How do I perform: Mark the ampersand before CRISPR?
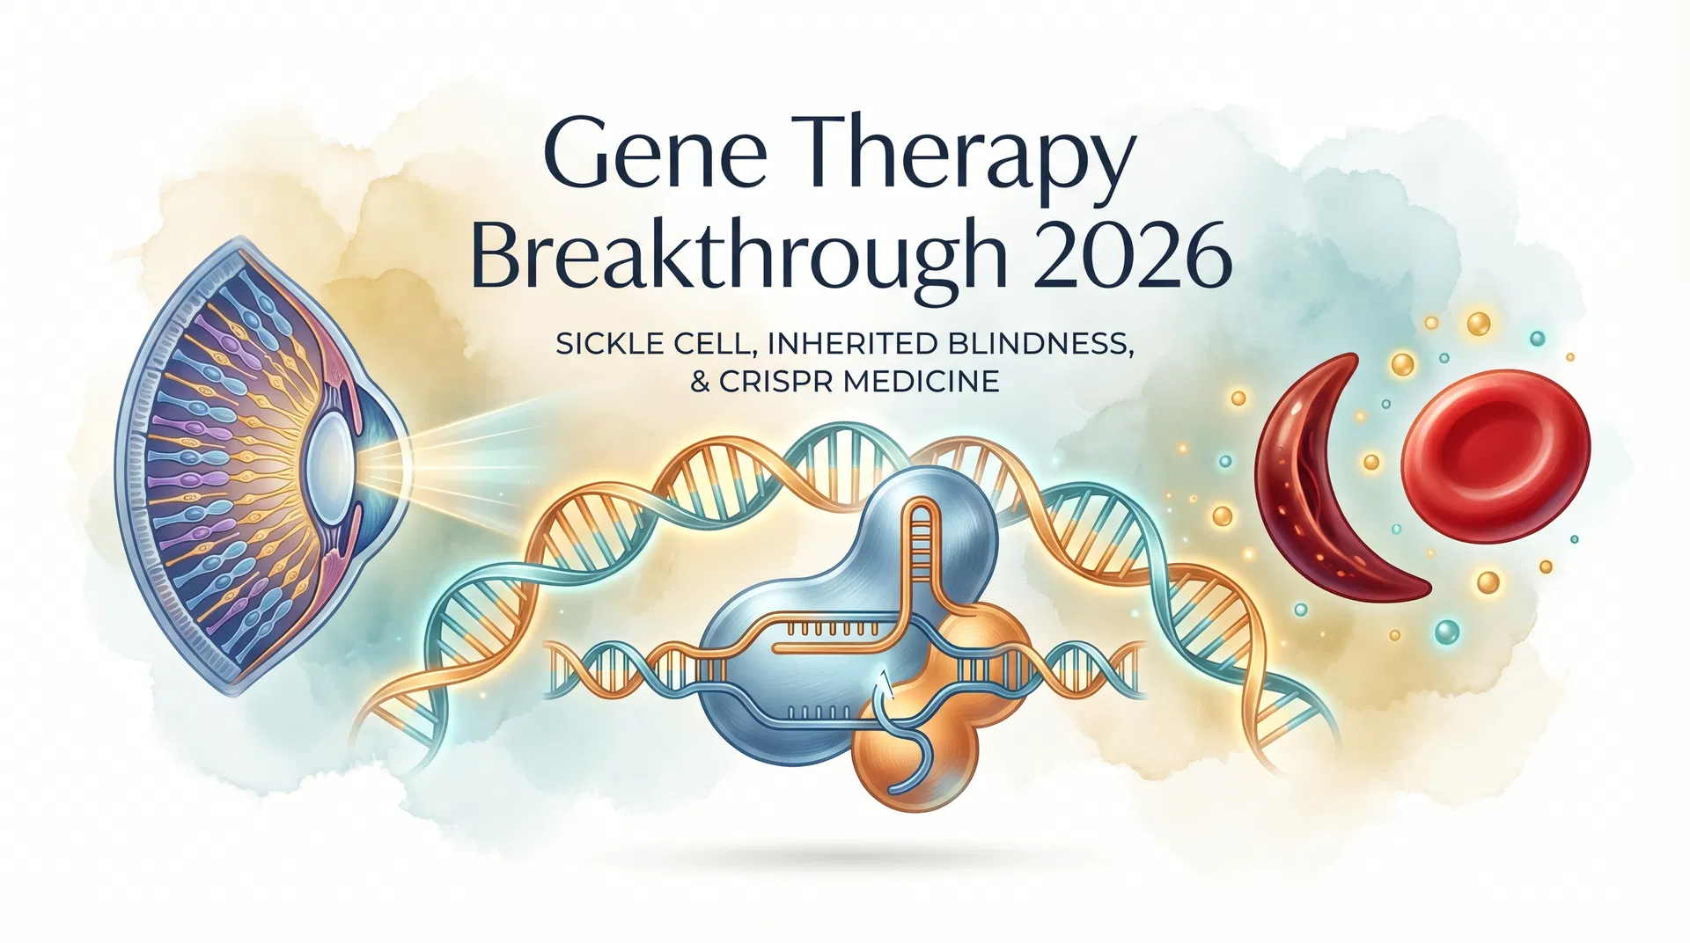(699, 382)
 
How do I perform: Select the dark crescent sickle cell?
(1320, 493)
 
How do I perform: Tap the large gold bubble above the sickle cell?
(1479, 323)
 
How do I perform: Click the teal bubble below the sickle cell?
(1445, 630)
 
